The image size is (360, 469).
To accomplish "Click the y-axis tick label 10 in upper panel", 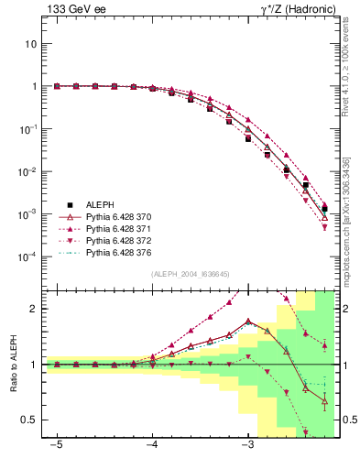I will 31,44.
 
